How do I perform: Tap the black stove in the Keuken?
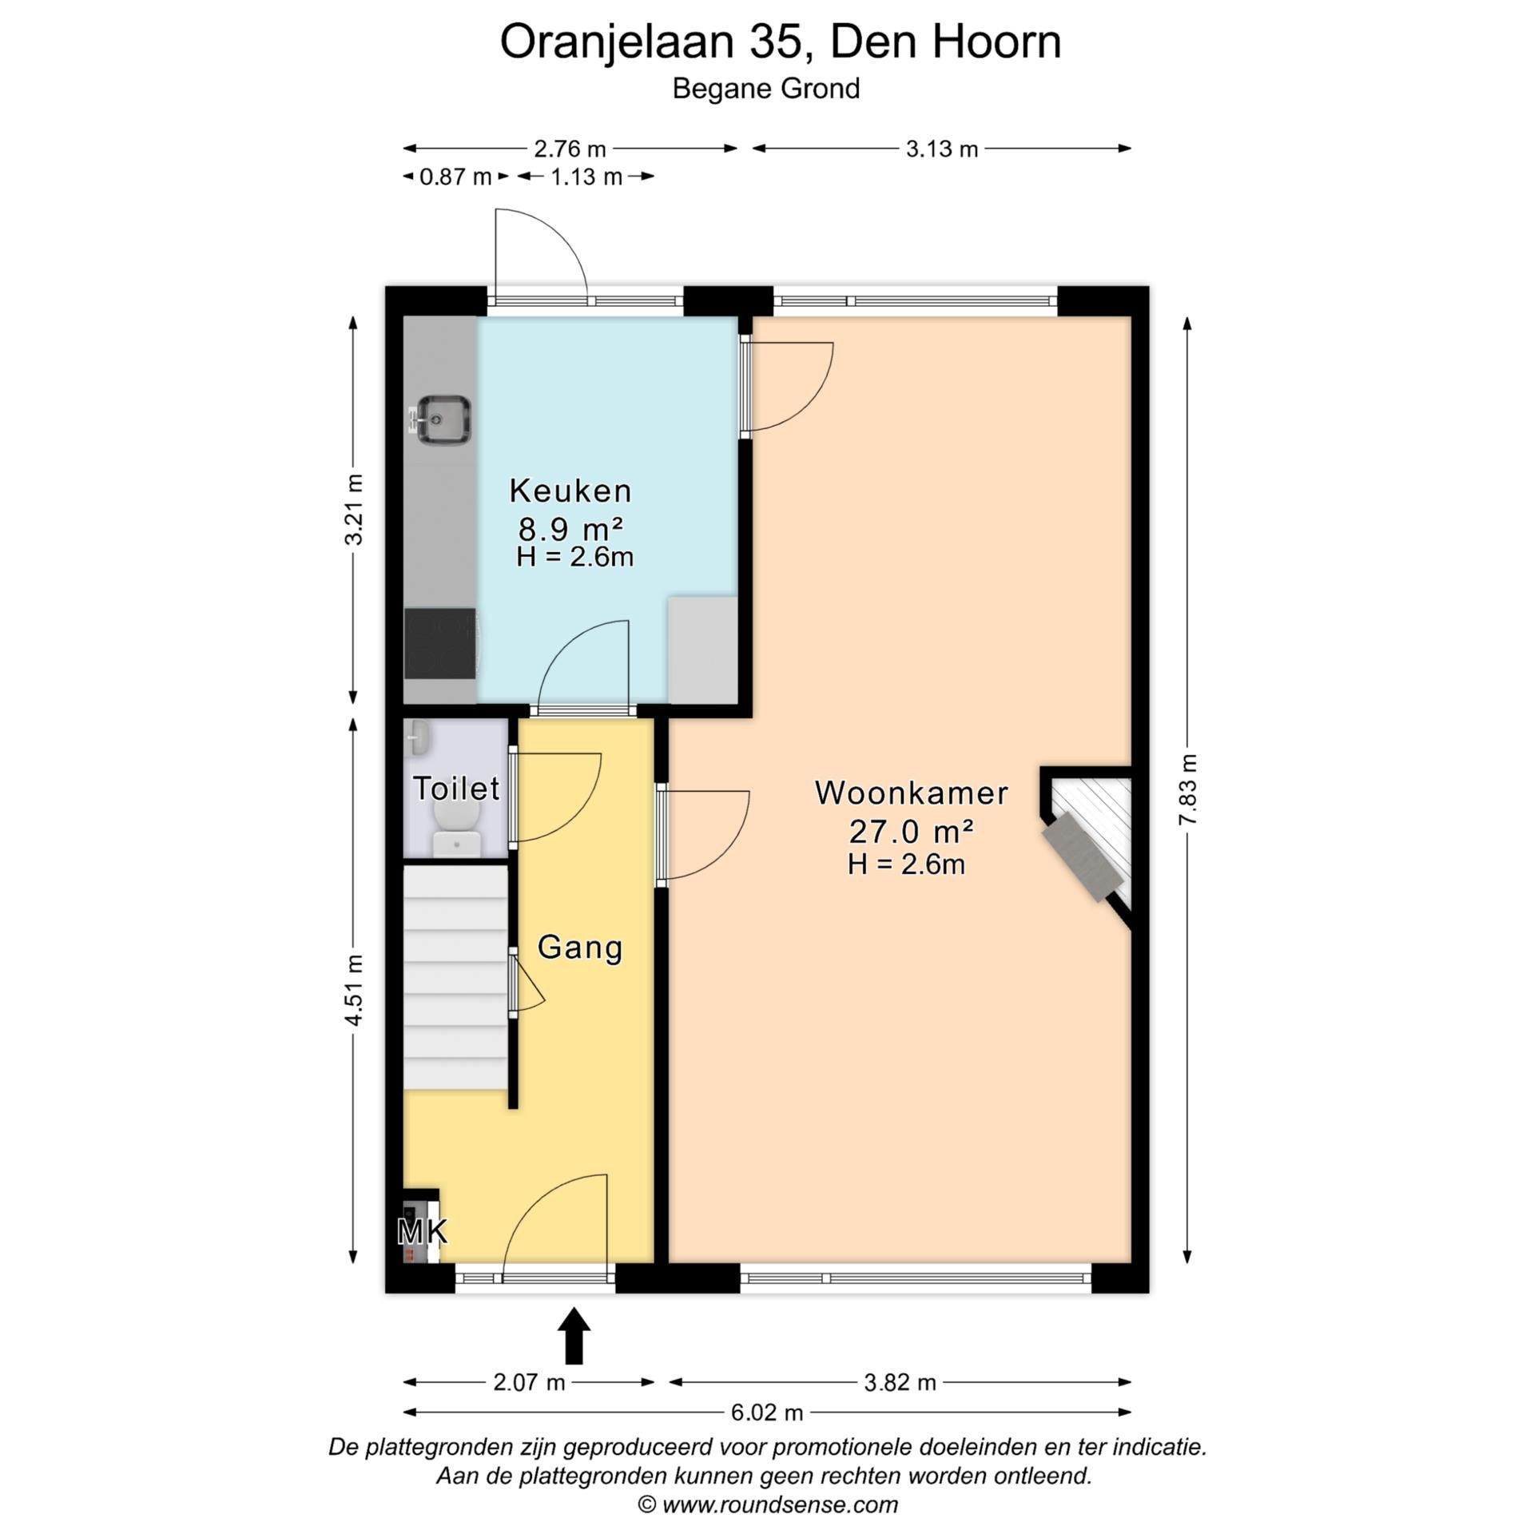point(439,643)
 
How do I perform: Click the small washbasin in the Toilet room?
point(418,737)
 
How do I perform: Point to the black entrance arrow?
point(574,1335)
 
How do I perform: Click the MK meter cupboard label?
point(422,1231)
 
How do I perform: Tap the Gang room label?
point(579,948)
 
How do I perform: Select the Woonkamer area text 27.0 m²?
point(911,832)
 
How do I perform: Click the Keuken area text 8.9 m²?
point(570,528)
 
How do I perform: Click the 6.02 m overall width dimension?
point(767,1413)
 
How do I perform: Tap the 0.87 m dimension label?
point(455,176)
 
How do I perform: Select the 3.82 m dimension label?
point(900,1382)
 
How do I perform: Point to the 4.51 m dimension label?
point(354,989)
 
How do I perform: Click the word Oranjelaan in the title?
point(616,42)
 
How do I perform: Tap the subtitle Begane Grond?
point(766,88)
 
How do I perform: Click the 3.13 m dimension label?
point(942,149)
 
